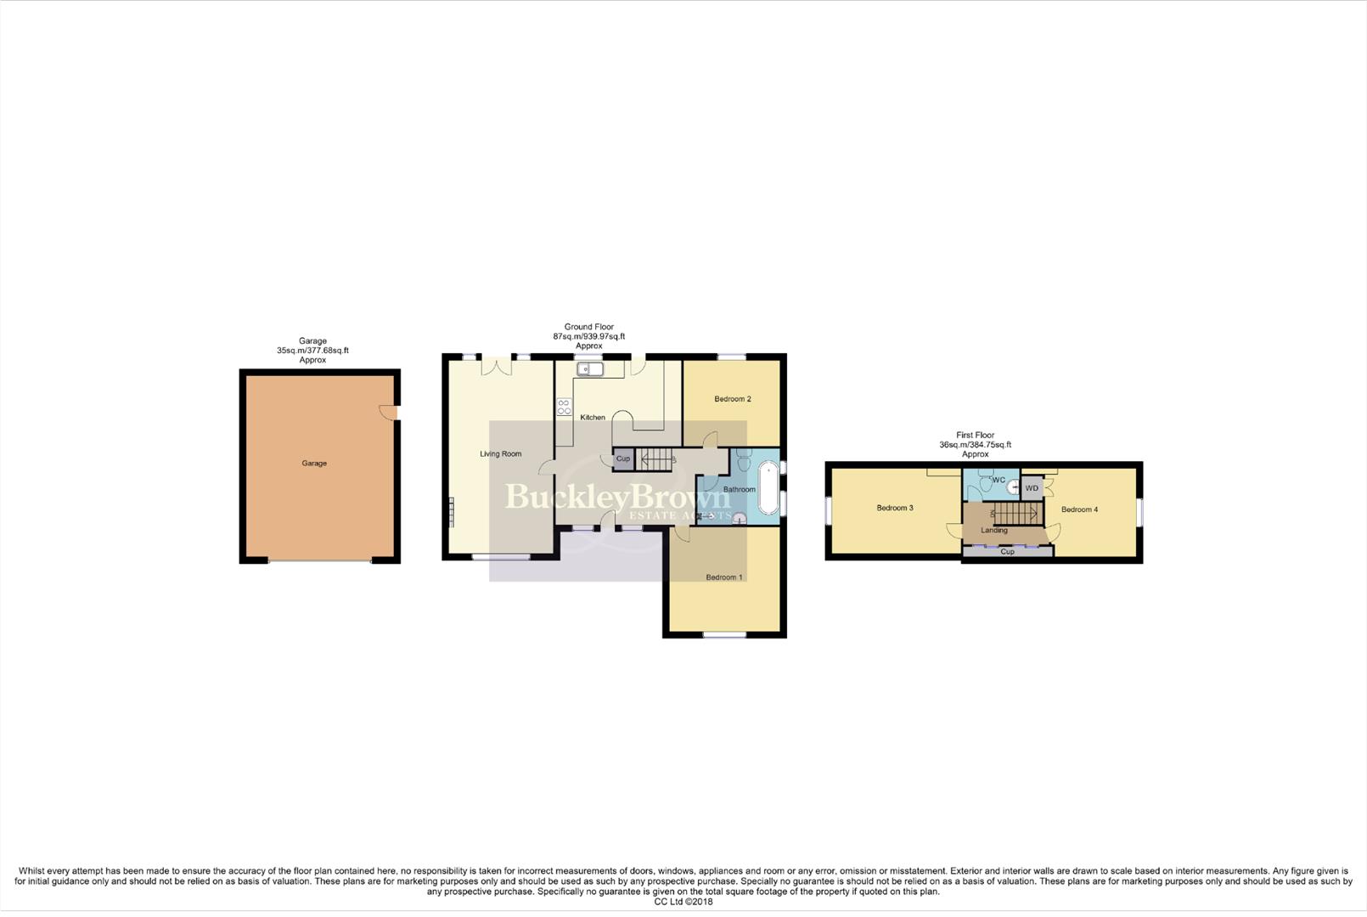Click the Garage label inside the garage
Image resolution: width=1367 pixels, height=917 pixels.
pos(314,464)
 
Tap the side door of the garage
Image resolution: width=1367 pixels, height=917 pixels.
pos(390,412)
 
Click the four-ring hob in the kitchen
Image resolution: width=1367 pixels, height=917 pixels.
pos(564,407)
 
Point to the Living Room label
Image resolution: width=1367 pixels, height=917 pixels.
pos(500,454)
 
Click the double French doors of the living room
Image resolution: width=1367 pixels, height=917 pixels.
pos(496,365)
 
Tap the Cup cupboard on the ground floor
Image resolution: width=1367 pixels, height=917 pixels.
pos(623,458)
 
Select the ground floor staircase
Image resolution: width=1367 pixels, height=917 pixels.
pos(656,459)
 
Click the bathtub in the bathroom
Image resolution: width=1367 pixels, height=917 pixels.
pos(768,487)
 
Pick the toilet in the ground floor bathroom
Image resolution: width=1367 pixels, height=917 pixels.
pos(744,459)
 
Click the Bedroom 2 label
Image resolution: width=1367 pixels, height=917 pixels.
pos(732,399)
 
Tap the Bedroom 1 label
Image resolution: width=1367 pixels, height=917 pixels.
pos(724,577)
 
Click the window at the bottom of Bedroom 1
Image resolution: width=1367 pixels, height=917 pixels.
pos(724,634)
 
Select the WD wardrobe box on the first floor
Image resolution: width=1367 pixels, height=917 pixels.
pos(1032,488)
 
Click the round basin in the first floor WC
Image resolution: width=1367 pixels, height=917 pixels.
pos(1013,487)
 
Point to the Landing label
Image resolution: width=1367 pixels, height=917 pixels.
pos(994,531)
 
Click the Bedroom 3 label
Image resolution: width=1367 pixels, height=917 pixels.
pos(895,509)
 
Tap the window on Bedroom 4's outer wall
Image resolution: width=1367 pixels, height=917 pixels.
pos(1139,512)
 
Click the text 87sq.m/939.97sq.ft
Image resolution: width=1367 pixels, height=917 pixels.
pos(588,337)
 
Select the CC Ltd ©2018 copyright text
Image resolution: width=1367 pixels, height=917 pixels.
pos(683,902)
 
